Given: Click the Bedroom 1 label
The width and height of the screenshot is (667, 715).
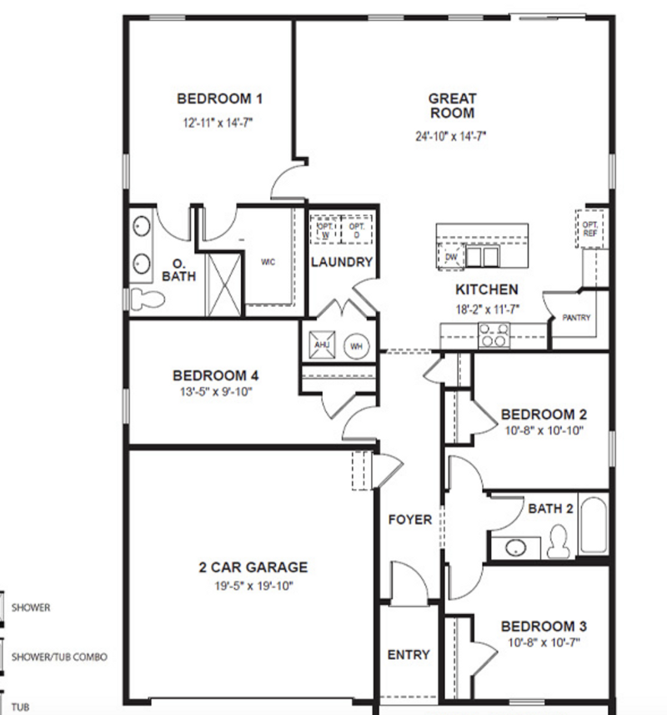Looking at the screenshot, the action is coord(219,98).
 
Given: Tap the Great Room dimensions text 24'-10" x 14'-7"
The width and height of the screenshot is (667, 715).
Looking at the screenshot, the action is coord(450,136).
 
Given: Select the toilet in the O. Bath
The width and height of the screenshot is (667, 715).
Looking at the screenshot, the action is coord(147,300).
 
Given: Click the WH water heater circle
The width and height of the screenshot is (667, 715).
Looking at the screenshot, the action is coord(356,346).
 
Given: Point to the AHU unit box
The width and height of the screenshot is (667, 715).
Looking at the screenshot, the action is coord(322,345).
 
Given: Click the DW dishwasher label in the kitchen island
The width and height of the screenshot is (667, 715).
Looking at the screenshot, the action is coord(451,257).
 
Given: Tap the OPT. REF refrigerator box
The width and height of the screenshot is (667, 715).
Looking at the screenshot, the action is coord(590,229).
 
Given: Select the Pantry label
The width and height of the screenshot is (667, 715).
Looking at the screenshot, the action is coord(576,317).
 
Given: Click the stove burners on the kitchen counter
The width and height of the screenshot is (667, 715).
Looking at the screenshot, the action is coord(494,335).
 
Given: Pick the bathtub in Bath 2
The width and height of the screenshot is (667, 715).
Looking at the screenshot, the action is coord(593,525).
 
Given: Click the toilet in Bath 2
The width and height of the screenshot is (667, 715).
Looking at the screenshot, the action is coord(559,541).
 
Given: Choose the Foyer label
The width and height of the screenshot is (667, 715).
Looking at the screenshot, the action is coord(409,520).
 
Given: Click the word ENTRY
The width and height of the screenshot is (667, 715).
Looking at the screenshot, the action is coord(409,655).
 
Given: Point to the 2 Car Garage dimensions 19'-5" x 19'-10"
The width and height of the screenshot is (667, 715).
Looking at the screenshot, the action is coord(253,586).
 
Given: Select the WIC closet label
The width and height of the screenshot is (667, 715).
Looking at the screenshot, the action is coord(268,262).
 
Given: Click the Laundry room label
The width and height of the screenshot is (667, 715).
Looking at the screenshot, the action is coord(342,262).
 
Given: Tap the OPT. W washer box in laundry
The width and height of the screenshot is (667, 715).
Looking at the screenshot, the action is coord(325,231).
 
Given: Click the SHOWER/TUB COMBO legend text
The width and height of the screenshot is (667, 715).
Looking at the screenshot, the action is coord(59,657).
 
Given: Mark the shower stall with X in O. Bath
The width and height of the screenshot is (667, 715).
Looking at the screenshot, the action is coord(223,284).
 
